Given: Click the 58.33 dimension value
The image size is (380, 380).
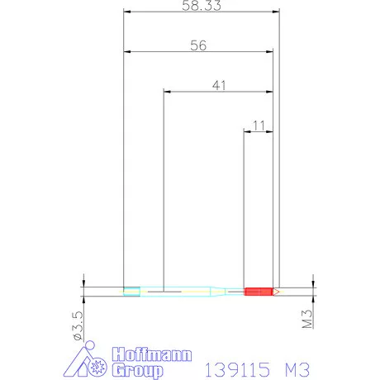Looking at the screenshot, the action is point(202,6).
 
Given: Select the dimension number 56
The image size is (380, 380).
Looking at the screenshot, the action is point(198,45).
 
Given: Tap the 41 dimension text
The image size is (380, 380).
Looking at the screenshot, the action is point(219,85).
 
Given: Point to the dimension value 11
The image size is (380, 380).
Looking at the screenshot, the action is point(259,126).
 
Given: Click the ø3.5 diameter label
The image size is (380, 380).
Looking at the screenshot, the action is point(78,325).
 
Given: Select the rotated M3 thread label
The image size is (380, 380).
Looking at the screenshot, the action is point(307,319).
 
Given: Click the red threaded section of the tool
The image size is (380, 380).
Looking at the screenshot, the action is point(259,292).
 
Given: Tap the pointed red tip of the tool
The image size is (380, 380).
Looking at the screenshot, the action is point(276,292).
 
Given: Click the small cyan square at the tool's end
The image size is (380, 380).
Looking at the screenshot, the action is point(131,292).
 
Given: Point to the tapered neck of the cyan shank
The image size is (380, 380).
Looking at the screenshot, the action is point(218,292).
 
